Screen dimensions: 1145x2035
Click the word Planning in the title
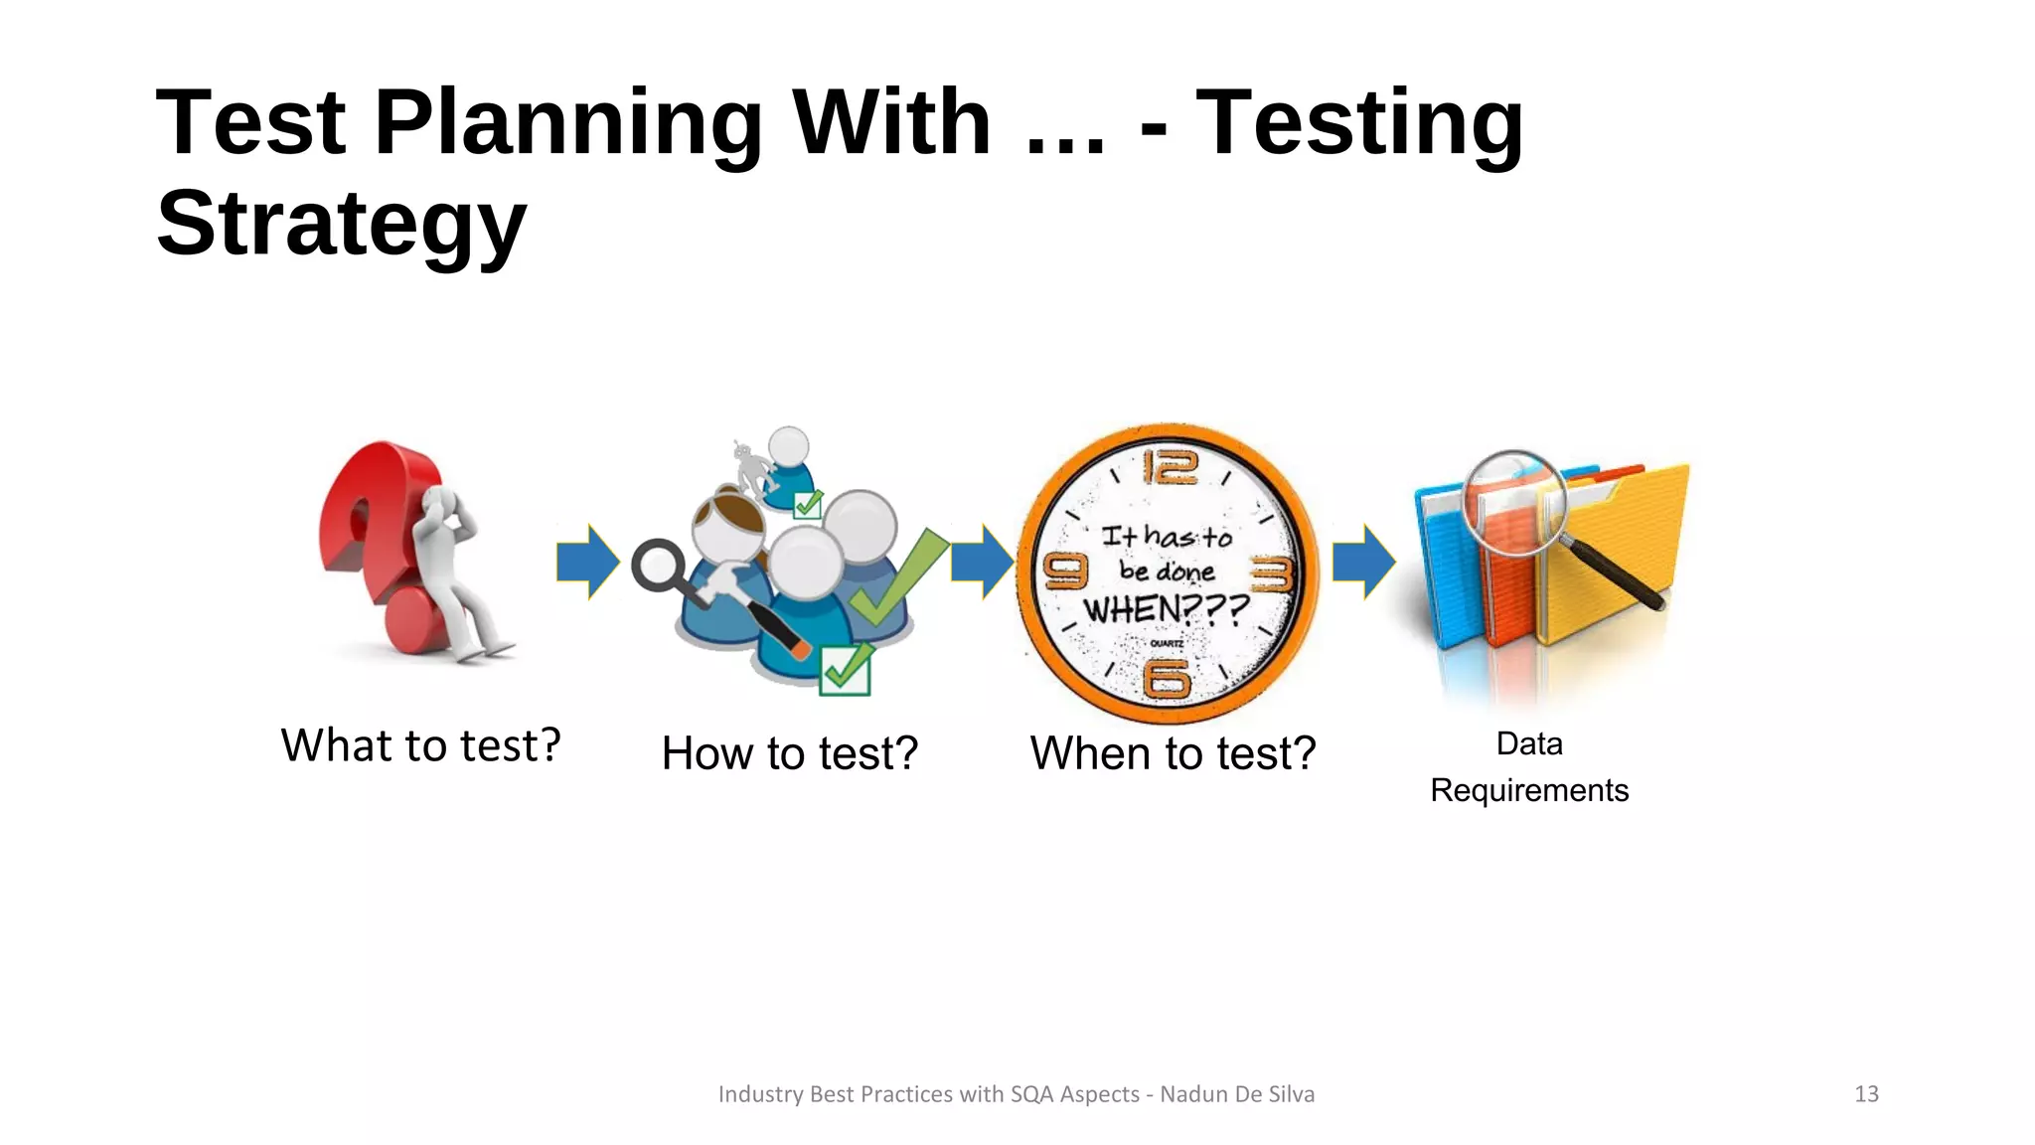(567, 123)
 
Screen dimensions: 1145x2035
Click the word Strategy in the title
(341, 225)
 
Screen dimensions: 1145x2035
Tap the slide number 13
(1866, 1094)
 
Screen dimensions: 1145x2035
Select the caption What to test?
(420, 745)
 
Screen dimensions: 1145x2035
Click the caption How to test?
(789, 753)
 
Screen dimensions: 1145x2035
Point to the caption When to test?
(1173, 753)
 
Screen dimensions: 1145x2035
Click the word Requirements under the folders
(1528, 791)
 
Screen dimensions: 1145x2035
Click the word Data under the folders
(1528, 744)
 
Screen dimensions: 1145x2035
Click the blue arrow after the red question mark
(587, 563)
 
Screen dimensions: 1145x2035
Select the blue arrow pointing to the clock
(982, 563)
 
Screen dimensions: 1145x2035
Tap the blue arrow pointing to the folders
(1363, 563)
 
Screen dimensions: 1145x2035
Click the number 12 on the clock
(1170, 467)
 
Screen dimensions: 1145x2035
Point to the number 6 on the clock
(1167, 680)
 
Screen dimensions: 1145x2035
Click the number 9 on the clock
(1064, 572)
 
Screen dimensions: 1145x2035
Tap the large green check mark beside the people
(894, 581)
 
